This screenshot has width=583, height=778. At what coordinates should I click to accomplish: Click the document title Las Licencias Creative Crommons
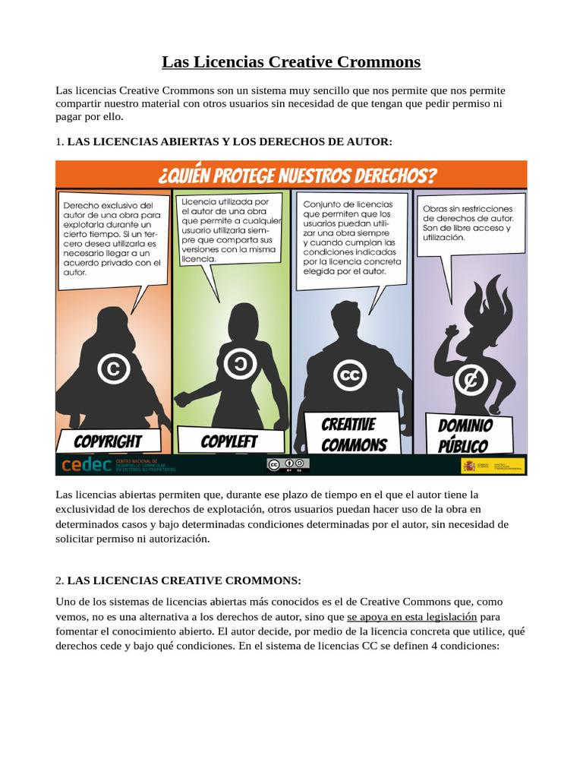click(x=291, y=62)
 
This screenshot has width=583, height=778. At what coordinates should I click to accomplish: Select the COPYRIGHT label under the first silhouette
click(x=108, y=441)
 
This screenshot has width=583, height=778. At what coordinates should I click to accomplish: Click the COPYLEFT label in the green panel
click(x=229, y=441)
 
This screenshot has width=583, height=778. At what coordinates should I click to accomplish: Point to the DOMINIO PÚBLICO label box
click(x=465, y=435)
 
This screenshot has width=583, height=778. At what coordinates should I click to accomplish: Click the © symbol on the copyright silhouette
click(x=113, y=369)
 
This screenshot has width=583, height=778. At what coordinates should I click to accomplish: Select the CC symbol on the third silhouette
click(x=349, y=375)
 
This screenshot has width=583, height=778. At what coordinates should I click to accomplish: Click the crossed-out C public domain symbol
click(x=471, y=379)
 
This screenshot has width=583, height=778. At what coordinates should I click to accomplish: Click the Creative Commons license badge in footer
click(x=288, y=465)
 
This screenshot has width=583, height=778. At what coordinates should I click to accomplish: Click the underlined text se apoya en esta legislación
click(x=411, y=617)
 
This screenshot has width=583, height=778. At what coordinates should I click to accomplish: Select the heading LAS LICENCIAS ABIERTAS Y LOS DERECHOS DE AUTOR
click(x=229, y=141)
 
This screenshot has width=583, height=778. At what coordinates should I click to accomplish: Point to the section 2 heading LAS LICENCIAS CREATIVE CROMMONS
click(x=184, y=580)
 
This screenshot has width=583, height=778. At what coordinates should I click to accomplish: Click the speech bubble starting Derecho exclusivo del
click(x=112, y=238)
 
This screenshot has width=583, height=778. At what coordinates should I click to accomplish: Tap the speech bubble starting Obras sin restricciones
click(x=471, y=223)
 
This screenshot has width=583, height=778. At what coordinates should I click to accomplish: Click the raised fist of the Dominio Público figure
click(x=452, y=332)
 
